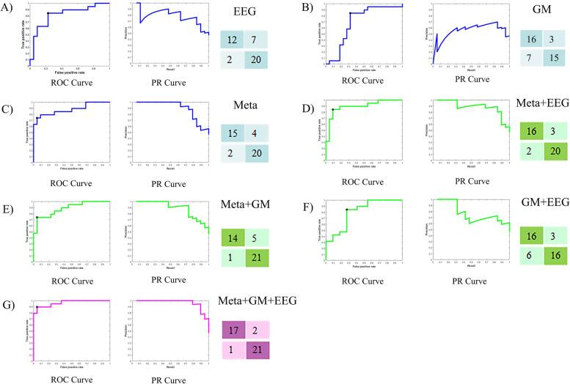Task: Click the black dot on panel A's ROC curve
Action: pyautogui.click(x=48, y=14)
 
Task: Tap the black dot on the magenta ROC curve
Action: pyautogui.click(x=37, y=307)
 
